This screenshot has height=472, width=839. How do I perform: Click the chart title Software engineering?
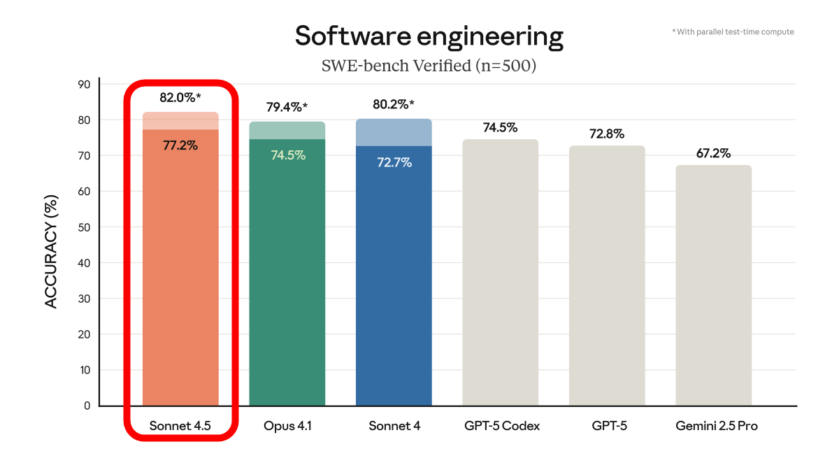pos(429,36)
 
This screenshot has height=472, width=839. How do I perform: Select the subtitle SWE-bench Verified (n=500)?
pos(429,66)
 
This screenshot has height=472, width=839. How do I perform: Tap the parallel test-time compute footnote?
pos(732,31)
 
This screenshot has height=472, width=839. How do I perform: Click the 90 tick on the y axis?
pos(84,85)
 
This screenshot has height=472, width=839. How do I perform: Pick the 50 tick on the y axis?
pos(84,227)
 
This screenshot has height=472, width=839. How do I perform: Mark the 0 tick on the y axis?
pos(87,406)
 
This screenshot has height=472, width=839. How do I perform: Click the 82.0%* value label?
pos(180,98)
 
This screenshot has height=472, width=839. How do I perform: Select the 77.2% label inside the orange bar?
pos(180,145)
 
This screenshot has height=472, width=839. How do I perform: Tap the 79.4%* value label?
pos(287,108)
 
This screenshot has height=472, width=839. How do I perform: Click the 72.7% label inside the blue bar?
pos(394,162)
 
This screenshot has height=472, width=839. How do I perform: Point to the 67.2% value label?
pos(713,153)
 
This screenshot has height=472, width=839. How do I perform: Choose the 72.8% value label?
pos(607,134)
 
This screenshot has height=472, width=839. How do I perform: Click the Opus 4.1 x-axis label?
pos(287,425)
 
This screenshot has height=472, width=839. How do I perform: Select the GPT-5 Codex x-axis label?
pos(501,425)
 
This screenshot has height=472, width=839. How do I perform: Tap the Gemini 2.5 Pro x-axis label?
pos(717,425)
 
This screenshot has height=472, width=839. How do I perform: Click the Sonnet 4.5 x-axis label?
pos(180,425)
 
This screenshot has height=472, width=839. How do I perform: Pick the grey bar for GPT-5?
pos(607,280)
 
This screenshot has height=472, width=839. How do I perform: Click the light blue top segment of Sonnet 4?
pos(394,132)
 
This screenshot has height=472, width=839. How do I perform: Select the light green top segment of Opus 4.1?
pos(287,130)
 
